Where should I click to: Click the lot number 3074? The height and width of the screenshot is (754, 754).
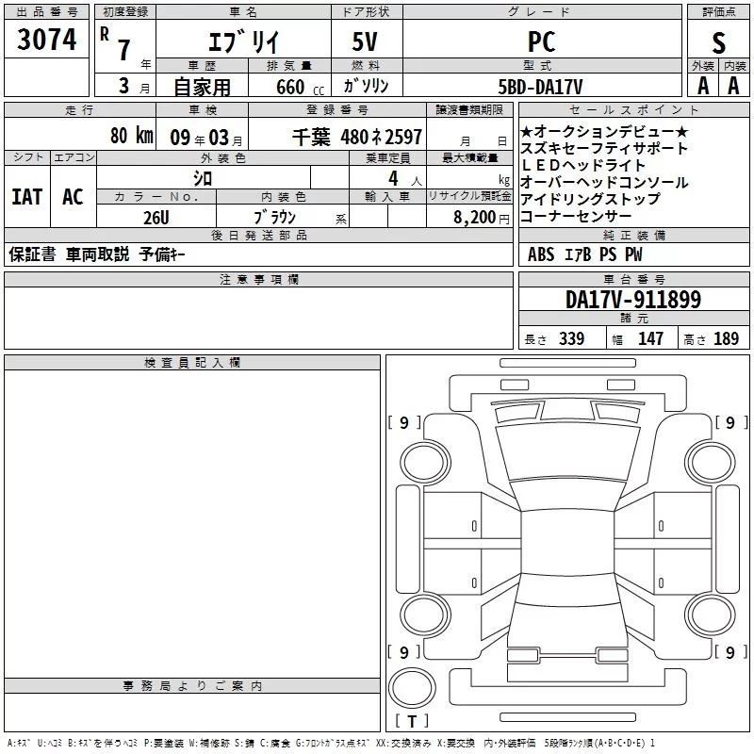46,40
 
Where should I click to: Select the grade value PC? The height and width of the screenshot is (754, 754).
541,41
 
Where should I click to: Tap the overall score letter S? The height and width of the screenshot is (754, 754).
718,42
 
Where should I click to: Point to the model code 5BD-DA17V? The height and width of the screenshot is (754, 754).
540,87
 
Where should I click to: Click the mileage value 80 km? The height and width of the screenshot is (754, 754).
132,135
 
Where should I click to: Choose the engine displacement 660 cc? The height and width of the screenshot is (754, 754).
300,87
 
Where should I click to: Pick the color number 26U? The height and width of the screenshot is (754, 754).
156,218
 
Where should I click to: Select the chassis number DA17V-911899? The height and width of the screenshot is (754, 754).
633,300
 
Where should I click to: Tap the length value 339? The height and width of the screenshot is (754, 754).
571,338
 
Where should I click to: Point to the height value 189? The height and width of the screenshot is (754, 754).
726,338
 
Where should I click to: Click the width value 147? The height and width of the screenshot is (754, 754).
650,338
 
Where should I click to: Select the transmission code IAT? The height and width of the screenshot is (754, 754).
27,197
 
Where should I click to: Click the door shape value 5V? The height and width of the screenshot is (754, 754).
365,41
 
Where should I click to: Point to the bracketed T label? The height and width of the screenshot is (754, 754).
412,721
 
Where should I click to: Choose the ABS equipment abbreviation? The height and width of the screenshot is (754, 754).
541,254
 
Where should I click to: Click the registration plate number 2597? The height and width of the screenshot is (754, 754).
404,137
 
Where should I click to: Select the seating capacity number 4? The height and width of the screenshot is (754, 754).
393,178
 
